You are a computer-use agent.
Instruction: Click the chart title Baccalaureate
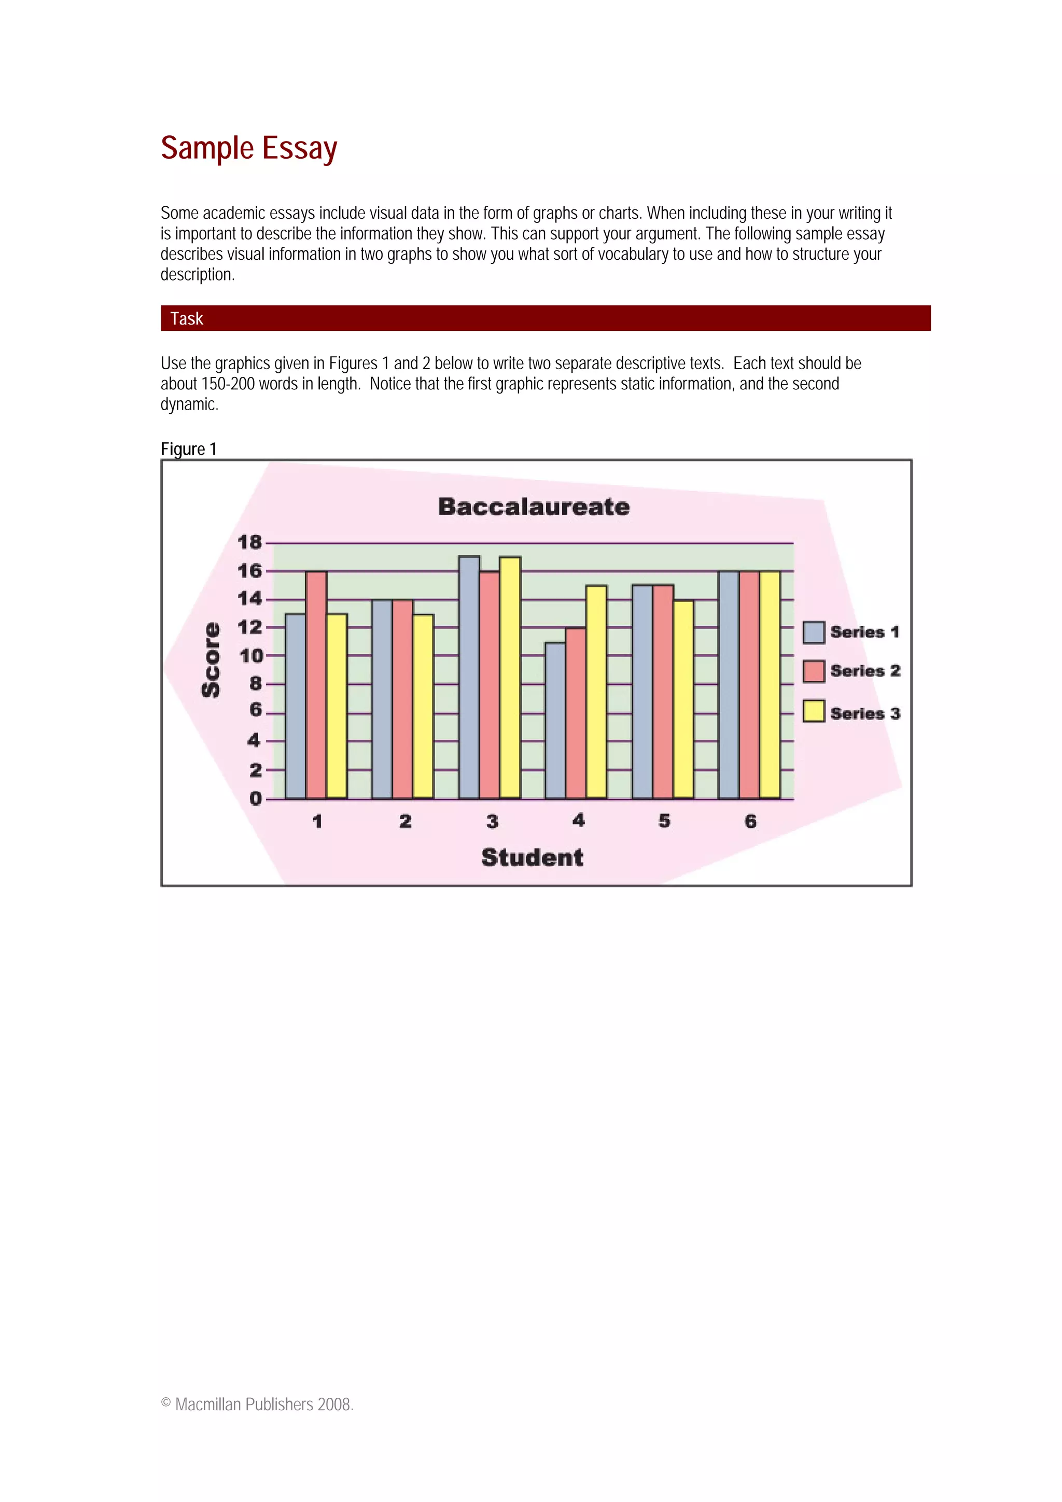533,507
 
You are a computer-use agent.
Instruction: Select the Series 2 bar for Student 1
316,684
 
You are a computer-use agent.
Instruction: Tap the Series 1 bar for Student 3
468,677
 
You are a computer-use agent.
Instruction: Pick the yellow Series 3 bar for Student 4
596,692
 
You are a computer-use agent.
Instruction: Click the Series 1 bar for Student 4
555,720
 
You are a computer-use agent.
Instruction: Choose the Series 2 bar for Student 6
749,684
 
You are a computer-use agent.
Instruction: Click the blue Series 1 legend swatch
813,633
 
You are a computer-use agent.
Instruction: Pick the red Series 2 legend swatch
813,671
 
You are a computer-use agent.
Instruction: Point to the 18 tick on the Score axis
249,542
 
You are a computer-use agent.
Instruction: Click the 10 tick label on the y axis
250,655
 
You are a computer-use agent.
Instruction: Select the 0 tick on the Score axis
255,799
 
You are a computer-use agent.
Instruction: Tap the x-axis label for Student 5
664,821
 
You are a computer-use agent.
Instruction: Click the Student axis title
532,857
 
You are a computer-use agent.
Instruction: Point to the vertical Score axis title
211,659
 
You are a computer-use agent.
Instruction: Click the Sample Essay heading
249,148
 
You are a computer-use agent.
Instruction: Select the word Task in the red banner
187,318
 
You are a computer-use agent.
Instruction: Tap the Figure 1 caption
188,449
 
